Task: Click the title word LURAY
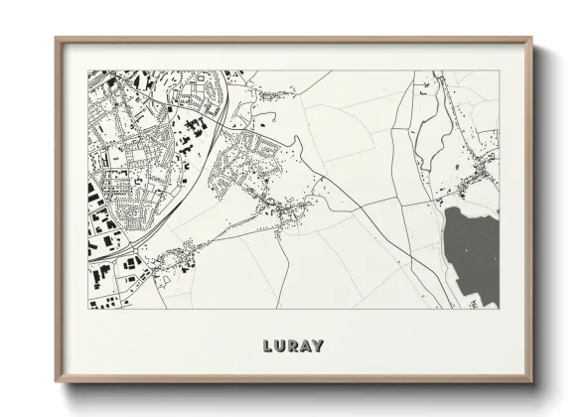293,347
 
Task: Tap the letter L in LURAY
268,347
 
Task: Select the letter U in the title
280,347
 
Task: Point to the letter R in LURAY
293,347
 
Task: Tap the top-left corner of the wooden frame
57,39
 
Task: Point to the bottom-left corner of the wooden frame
57,382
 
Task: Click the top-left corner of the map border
88,70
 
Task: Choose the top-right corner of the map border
500,70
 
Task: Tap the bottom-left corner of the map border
88,309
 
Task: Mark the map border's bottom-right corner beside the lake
500,309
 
